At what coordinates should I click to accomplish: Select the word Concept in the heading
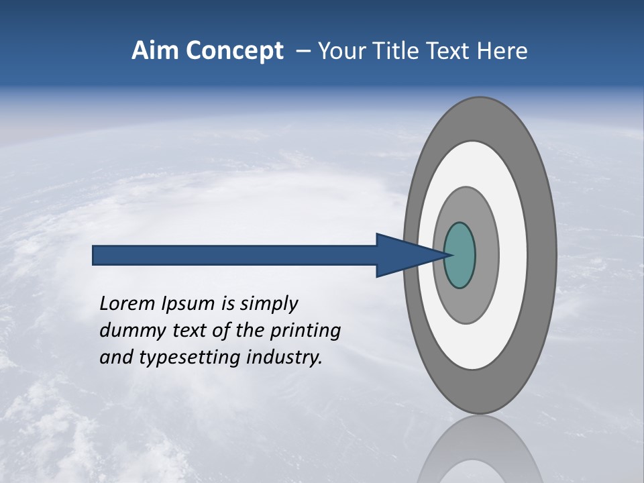click(234, 51)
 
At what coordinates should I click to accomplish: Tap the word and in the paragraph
click(115, 358)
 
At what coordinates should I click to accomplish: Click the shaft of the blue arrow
click(235, 256)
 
